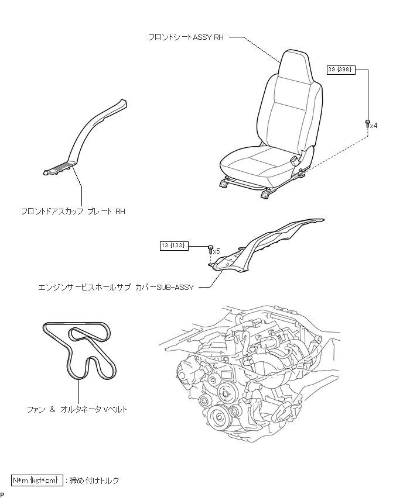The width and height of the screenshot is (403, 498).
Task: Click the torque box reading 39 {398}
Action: (x=341, y=70)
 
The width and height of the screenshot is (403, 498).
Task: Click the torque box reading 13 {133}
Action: (x=173, y=245)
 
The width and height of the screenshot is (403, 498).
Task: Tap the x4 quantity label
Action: (x=374, y=125)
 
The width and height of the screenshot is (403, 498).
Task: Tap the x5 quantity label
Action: (x=217, y=251)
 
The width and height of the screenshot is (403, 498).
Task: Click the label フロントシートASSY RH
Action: (x=186, y=37)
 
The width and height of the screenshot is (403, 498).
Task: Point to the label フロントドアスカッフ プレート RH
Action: (x=73, y=211)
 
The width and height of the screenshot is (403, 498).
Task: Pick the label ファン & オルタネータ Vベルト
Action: (x=77, y=409)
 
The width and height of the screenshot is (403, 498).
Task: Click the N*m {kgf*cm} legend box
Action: (x=37, y=480)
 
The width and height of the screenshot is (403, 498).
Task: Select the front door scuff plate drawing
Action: (x=88, y=140)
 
